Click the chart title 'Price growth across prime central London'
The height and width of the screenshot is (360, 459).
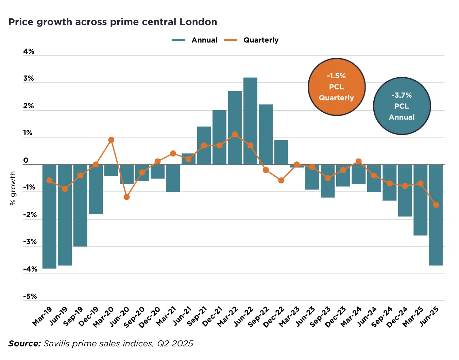pos(113,22)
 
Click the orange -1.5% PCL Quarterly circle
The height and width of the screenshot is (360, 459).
pos(336,87)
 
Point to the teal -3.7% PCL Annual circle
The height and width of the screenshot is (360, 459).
pos(402,106)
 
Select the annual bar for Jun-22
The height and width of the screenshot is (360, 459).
pos(250,121)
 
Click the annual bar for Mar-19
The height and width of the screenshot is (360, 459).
pos(49,216)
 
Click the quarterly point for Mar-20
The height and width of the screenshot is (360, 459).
pos(111,140)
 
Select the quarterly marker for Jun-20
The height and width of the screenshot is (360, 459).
pos(126,197)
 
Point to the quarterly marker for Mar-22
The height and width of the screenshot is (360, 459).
pos(235,134)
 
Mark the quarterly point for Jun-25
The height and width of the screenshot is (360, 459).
pos(436,205)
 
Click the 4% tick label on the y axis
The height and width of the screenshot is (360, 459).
pos(29,51)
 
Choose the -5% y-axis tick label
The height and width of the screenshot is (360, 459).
pos(30,296)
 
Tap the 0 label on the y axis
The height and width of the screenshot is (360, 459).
pos(26,160)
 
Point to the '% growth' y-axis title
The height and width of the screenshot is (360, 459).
pos(13,188)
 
